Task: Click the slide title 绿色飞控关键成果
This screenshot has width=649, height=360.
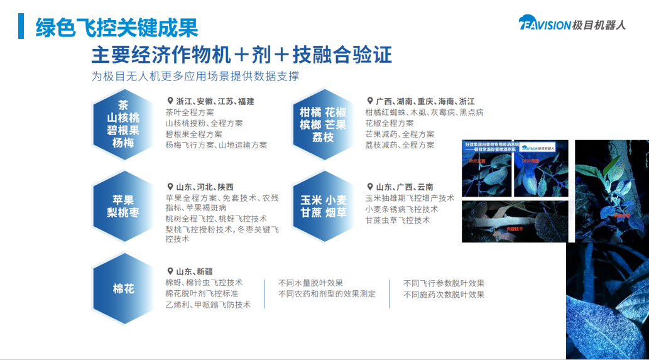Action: [117, 27]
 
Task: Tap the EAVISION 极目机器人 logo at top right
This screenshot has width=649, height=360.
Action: [572, 23]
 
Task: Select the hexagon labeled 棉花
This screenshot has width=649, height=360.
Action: [123, 289]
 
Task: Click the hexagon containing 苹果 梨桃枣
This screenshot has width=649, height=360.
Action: [123, 206]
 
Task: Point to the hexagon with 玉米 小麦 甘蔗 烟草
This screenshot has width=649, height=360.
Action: [324, 206]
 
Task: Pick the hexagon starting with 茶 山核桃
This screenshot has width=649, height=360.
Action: [123, 124]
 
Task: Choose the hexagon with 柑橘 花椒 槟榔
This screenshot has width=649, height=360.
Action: [324, 124]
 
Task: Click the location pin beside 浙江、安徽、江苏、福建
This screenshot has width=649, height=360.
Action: [170, 101]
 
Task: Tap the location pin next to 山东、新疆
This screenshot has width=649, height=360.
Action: [170, 271]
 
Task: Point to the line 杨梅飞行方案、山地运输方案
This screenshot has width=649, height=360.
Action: [216, 145]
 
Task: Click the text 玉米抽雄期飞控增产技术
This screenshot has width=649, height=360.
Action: [409, 198]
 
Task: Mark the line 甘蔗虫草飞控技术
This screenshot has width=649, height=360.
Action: [397, 221]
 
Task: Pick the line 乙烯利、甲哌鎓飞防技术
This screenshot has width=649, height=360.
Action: [208, 305]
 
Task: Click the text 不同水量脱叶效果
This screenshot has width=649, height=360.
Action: [310, 283]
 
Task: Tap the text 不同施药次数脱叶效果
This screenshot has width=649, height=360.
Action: [444, 294]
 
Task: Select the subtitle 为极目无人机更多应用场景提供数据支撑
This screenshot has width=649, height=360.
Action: [195, 76]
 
